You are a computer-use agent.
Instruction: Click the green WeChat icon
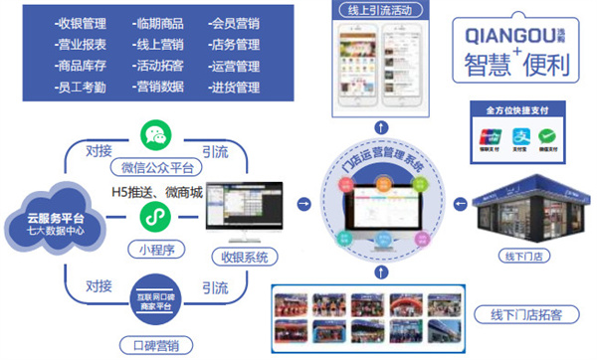tap(154, 135)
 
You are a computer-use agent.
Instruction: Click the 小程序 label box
tap(154, 249)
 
